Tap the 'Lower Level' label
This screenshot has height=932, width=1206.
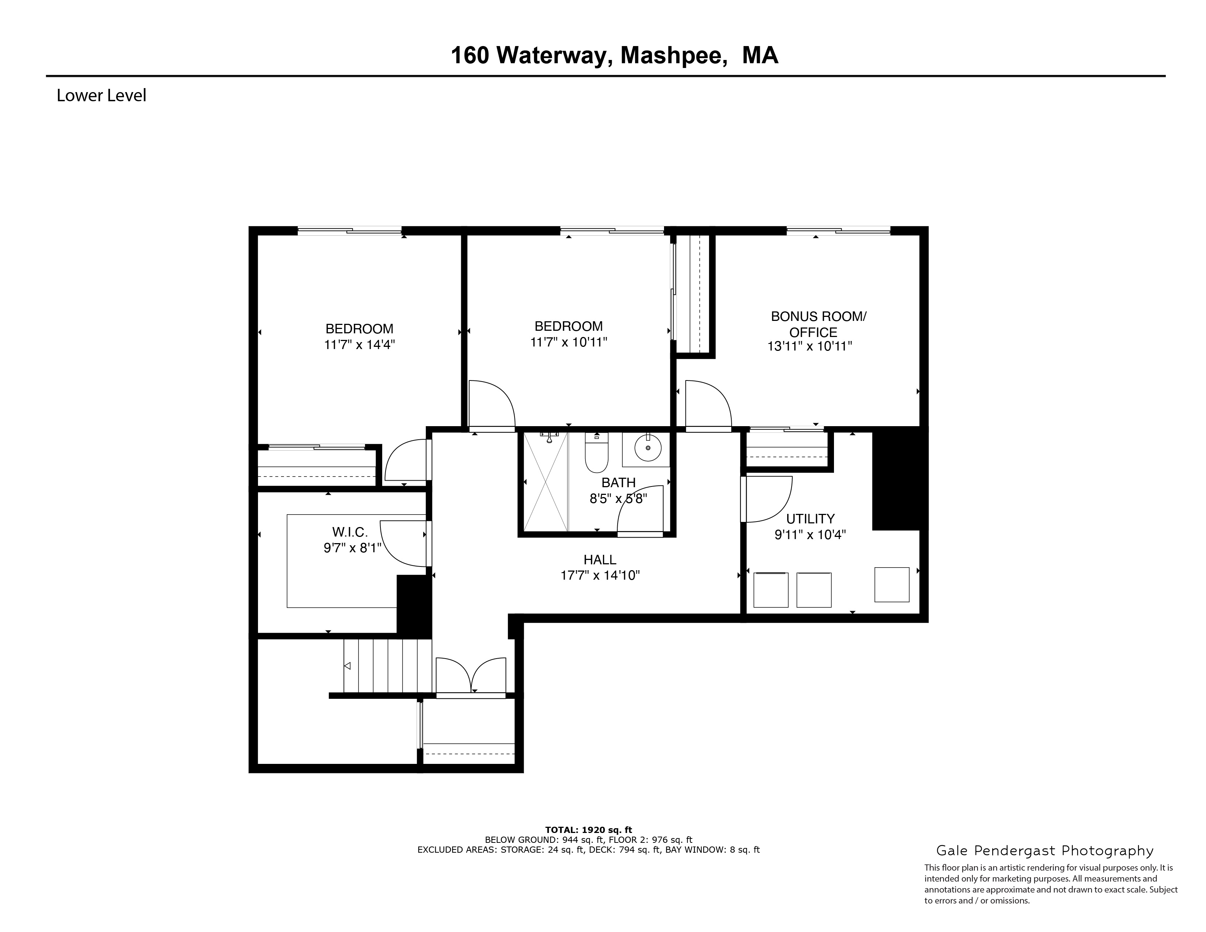tap(101, 95)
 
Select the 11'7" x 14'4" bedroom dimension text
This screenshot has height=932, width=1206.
tap(360, 345)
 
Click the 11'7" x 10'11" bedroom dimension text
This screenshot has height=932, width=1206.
tap(568, 342)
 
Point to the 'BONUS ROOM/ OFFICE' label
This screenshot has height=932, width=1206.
tap(818, 324)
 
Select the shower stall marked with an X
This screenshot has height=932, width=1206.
tap(546, 481)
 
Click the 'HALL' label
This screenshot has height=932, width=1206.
tap(600, 560)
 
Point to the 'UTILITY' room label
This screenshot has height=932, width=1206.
tap(810, 519)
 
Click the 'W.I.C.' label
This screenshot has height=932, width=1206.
tap(349, 532)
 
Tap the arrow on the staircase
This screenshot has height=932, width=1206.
tap(347, 666)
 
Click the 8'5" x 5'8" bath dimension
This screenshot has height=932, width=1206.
tap(618, 499)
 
